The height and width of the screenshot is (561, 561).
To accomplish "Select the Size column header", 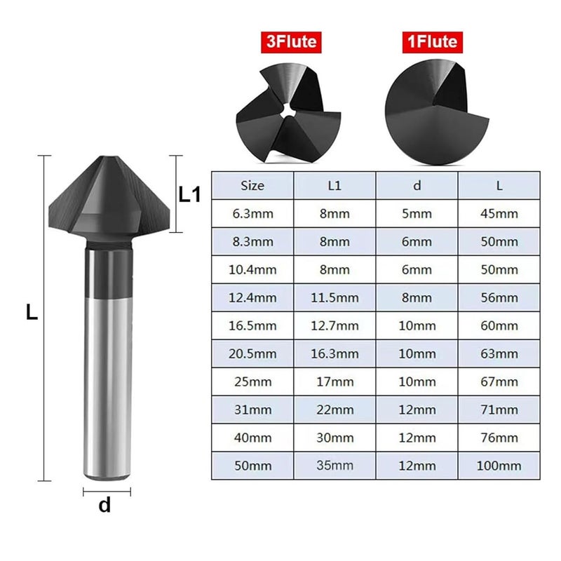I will (x=252, y=186).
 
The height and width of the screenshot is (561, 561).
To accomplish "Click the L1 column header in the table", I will (x=334, y=186).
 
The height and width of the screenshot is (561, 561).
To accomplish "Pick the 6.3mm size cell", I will (x=252, y=214).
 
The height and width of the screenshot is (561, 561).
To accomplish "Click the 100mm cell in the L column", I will (x=499, y=466).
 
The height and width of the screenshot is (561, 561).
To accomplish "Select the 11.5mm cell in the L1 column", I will (x=334, y=297).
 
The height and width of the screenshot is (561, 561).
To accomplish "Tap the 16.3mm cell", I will (x=334, y=353).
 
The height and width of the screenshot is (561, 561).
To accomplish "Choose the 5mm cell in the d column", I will (x=417, y=214).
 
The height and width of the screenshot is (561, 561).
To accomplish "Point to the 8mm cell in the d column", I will (x=417, y=297).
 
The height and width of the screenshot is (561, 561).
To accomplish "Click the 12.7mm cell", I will (x=334, y=325).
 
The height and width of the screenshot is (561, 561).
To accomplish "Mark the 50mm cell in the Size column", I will (x=252, y=466).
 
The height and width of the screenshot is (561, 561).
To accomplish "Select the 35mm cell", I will (x=334, y=466).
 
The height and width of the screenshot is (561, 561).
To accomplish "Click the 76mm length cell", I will (x=499, y=438).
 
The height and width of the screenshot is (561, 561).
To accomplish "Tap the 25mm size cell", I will (x=252, y=381).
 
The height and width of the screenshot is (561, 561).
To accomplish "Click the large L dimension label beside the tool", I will (x=32, y=313).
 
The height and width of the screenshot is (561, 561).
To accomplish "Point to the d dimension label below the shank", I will (x=104, y=505).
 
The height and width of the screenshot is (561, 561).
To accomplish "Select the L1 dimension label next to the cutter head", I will (x=190, y=194).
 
